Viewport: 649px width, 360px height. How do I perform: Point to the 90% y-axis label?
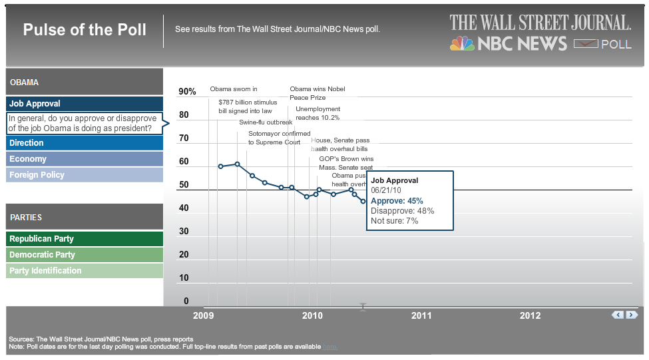[x=187, y=92]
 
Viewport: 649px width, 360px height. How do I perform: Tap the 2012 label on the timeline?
[x=530, y=315]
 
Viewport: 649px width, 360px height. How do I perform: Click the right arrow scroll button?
[x=632, y=315]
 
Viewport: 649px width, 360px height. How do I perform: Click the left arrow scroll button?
[x=618, y=315]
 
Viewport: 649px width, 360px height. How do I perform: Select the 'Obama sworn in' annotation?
[x=233, y=89]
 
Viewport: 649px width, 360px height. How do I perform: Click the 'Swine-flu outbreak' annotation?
[x=266, y=122]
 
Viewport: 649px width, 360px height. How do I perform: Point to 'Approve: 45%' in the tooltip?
[x=397, y=201]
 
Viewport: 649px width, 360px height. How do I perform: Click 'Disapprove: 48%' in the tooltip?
[x=402, y=211]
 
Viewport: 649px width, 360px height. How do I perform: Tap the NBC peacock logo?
[x=462, y=44]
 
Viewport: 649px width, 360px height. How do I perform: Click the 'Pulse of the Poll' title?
[x=85, y=30]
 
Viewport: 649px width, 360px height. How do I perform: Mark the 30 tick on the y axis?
[x=184, y=232]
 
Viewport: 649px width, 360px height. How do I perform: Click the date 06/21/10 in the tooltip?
[x=386, y=190]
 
